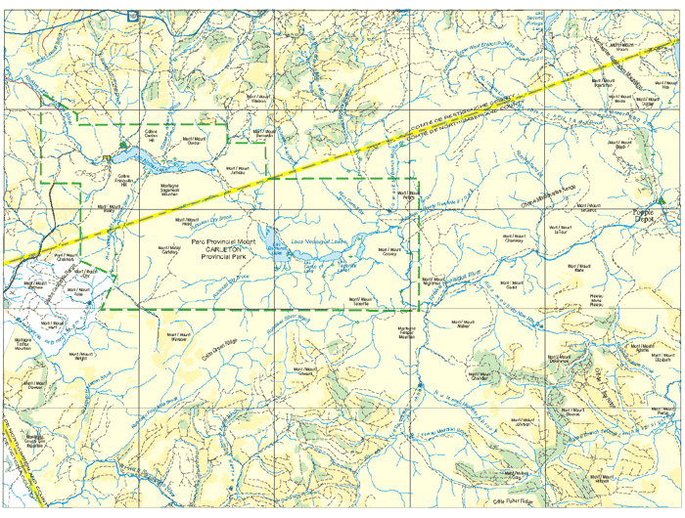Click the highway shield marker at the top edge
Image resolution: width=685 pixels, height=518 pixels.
(x=132, y=14)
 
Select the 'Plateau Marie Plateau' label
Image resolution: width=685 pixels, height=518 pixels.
(x=596, y=299)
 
